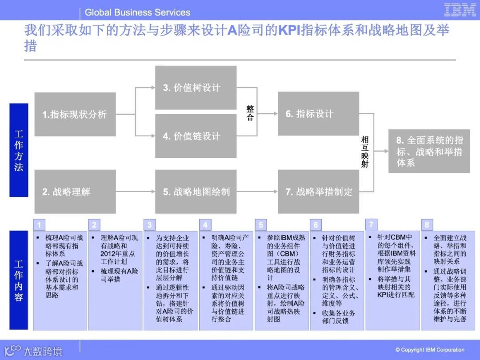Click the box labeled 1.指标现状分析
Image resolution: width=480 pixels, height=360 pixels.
75,114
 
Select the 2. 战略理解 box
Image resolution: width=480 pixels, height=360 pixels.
75,192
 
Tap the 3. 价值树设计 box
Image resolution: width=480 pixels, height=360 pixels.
196,88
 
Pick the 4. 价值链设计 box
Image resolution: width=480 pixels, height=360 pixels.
196,136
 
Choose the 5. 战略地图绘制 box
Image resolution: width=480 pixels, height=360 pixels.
196,192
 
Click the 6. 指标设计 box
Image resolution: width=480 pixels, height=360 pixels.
318,114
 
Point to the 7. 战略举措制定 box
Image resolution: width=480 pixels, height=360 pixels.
318,192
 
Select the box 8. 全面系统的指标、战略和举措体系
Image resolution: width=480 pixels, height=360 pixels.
429,151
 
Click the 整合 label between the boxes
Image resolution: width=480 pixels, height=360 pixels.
250,113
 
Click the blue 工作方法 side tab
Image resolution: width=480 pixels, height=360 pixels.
19,150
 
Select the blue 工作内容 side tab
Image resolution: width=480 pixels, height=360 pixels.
19,280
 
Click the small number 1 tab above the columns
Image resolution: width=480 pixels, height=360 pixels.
39,224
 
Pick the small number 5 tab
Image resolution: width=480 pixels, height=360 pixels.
260,224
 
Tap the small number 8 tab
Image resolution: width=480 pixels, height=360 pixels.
427,224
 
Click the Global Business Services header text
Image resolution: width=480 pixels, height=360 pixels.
137,12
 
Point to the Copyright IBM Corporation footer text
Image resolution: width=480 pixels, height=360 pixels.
430,350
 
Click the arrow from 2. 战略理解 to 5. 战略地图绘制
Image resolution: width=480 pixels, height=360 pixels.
135,192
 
